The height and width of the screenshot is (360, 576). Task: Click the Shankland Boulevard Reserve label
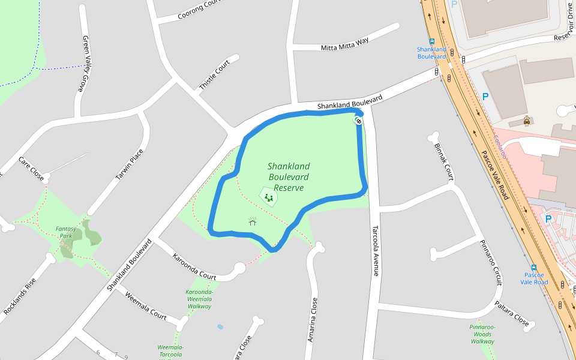(289, 177)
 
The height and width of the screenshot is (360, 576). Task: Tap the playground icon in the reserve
(268, 196)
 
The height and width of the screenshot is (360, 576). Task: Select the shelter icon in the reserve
(253, 221)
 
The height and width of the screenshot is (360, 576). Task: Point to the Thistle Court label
(214, 76)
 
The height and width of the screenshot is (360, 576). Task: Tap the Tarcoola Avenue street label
(376, 251)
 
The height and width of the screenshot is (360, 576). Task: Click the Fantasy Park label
(64, 232)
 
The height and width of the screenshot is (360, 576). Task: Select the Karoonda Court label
(194, 267)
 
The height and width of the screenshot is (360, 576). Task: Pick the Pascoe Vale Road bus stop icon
(533, 268)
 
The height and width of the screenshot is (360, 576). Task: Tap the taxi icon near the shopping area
(527, 120)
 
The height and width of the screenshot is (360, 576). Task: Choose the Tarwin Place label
(129, 165)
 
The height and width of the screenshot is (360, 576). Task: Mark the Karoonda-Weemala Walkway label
(199, 299)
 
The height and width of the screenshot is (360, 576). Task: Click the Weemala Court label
(146, 305)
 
